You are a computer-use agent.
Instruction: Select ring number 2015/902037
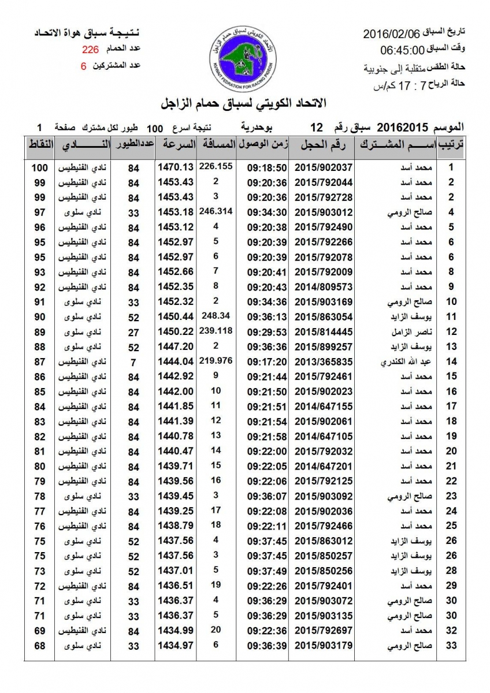point(324,167)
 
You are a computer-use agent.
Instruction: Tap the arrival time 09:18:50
point(267,167)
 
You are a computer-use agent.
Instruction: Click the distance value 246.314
point(215,211)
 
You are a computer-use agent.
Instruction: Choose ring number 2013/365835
point(324,362)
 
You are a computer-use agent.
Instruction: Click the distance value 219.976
point(215,360)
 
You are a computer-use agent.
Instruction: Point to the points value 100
point(39,167)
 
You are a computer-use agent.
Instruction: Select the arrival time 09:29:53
point(267,332)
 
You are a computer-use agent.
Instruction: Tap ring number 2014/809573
point(324,286)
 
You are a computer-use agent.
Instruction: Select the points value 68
point(39,645)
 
